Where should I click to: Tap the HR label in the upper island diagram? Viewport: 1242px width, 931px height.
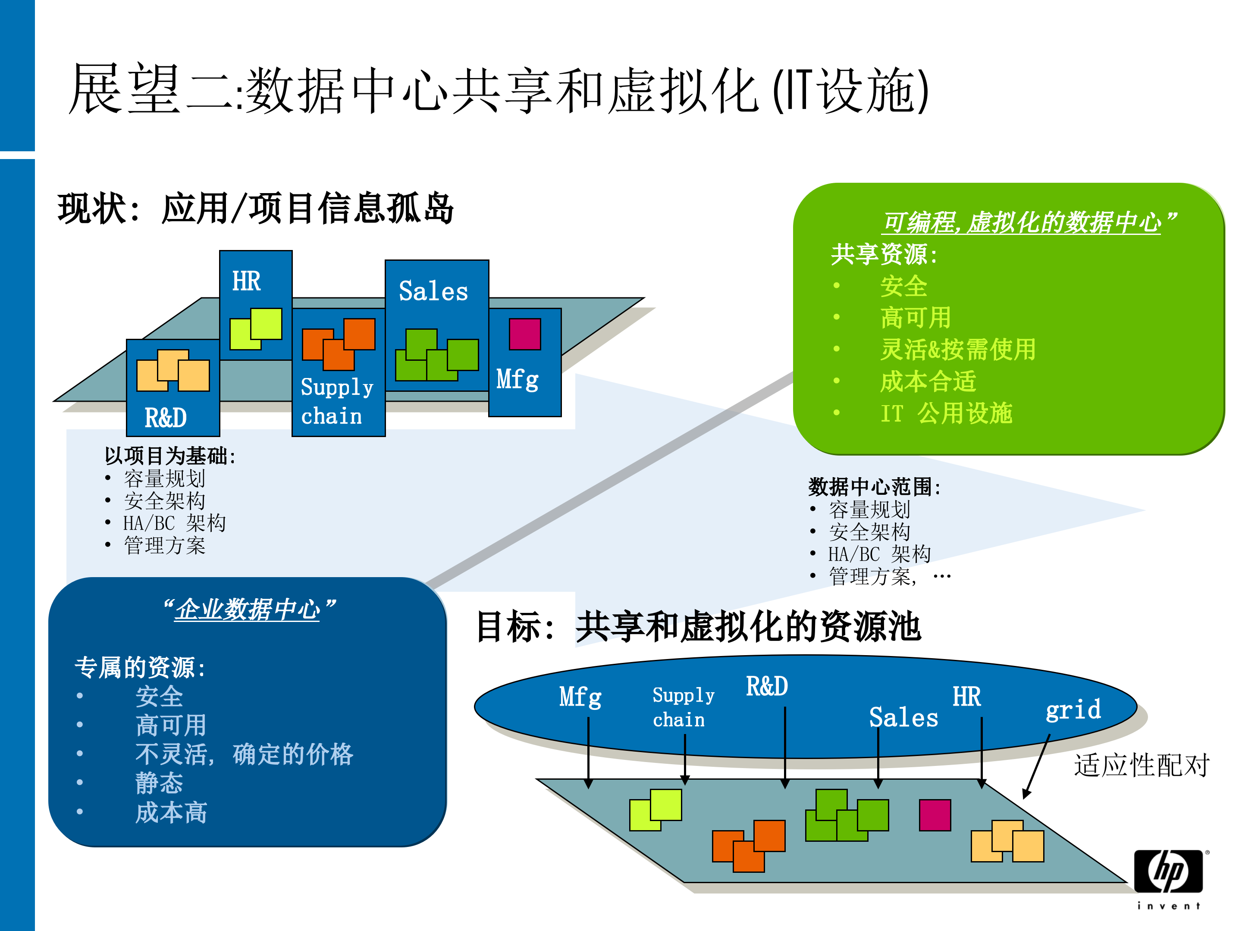point(247,281)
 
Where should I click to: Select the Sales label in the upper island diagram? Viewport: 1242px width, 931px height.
point(433,291)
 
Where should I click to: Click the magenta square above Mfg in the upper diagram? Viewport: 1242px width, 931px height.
point(524,334)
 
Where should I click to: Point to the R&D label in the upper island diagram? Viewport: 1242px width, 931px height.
point(166,418)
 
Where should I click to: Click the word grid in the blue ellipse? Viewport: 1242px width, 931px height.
point(1073,710)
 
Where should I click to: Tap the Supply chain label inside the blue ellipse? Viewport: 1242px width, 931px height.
point(682,707)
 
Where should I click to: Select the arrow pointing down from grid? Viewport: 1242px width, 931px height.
point(1036,767)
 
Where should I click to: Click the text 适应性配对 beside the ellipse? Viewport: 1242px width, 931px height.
point(1142,765)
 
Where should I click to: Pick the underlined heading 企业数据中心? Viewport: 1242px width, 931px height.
point(248,609)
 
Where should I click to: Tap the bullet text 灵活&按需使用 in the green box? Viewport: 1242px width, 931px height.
point(958,349)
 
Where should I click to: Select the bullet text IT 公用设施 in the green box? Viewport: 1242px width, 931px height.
point(946,414)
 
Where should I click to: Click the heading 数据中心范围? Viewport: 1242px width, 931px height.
point(874,487)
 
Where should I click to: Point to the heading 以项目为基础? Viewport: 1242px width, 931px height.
point(169,456)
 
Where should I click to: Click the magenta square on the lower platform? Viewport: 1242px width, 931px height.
point(935,815)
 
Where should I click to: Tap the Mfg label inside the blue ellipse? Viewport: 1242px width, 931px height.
point(580,697)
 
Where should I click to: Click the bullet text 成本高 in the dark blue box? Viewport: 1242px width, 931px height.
point(171,812)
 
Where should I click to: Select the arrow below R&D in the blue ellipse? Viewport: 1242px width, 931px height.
point(785,747)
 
